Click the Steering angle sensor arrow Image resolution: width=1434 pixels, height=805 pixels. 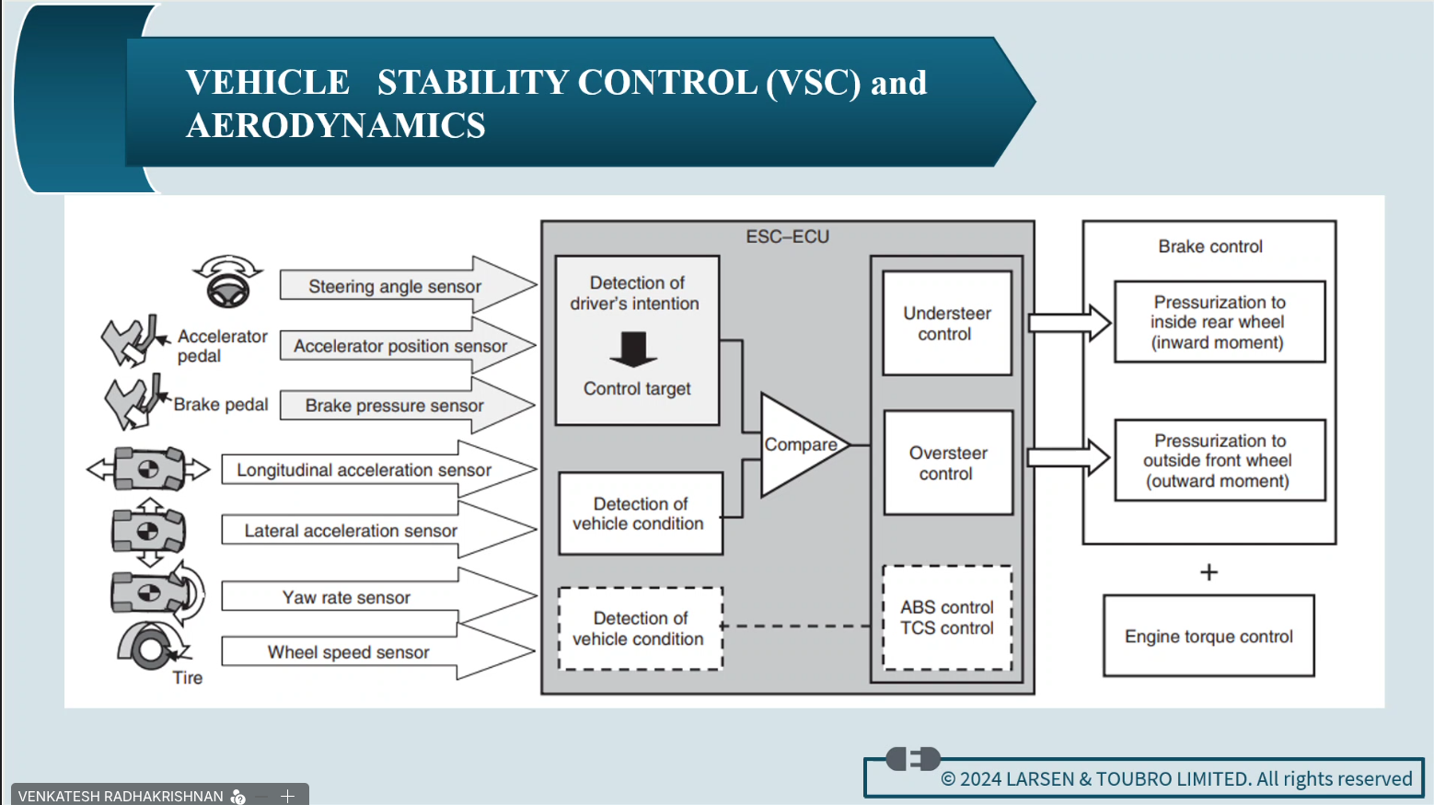click(405, 286)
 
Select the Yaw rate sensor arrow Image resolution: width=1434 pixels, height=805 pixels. click(377, 597)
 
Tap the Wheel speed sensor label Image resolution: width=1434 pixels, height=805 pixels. click(348, 652)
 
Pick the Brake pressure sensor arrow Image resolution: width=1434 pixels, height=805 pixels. click(405, 406)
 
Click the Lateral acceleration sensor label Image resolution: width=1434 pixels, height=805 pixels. click(350, 531)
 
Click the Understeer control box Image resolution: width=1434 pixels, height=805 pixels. click(947, 323)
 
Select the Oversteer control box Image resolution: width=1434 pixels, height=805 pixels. click(948, 463)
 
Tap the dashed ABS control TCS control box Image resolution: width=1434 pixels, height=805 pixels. click(947, 617)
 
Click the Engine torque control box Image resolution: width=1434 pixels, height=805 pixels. click(1208, 636)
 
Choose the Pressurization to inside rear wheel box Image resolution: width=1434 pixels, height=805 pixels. click(1219, 322)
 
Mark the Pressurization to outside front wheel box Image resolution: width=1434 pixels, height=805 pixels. click(1219, 460)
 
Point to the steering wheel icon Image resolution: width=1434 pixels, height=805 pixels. click(227, 282)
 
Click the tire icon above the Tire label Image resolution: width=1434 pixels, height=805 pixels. click(150, 647)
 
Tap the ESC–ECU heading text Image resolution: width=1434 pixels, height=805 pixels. click(787, 237)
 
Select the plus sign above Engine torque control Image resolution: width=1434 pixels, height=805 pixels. click(1208, 572)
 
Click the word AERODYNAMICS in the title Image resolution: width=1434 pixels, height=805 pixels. click(336, 125)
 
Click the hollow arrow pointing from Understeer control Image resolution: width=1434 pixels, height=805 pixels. click(1069, 323)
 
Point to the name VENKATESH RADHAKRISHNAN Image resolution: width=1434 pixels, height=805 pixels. click(121, 796)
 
